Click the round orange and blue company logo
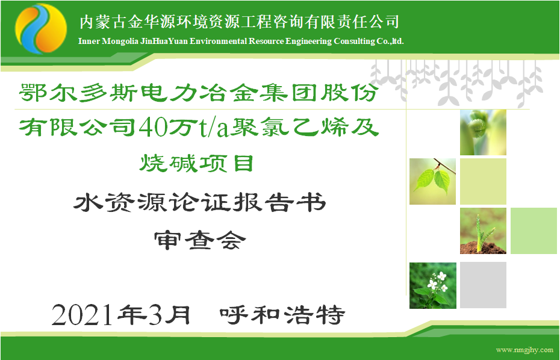pos(41,28)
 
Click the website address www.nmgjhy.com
pos(524,350)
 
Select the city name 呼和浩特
pos(282,315)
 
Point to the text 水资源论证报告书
pos(200,202)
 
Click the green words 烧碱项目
pos(196,164)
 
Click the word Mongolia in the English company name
pos(120,41)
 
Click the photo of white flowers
pos(433,285)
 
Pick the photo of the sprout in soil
pos(483,231)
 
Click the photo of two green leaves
pos(432,181)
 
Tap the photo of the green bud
pos(483,132)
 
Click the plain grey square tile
pos(483,285)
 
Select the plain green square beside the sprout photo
pos(534,231)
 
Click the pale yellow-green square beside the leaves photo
pos(483,181)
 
